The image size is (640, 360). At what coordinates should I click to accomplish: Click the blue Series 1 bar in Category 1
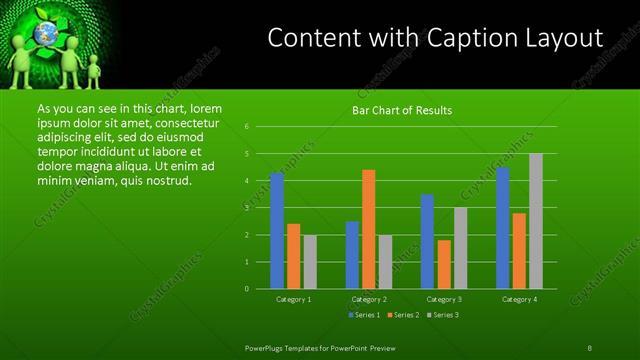[x=277, y=230]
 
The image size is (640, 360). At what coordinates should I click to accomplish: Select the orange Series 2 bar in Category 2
[x=369, y=229]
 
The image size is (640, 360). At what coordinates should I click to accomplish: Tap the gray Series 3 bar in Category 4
[x=536, y=221]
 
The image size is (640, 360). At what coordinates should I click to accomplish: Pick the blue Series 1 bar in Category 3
[x=427, y=241]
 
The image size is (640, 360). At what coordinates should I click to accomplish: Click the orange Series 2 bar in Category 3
[x=444, y=264]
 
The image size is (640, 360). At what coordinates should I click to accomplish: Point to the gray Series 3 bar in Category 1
[x=310, y=262]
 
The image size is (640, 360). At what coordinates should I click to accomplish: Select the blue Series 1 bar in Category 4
[x=502, y=227]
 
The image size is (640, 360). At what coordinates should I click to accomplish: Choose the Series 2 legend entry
[x=403, y=316]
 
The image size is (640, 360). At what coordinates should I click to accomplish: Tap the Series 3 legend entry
[x=444, y=316]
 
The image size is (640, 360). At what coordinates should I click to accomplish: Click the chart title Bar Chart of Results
[x=402, y=110]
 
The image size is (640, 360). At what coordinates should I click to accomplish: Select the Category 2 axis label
[x=369, y=299]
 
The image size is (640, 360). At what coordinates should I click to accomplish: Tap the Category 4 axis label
[x=519, y=299]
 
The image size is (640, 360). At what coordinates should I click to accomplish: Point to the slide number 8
[x=589, y=347]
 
